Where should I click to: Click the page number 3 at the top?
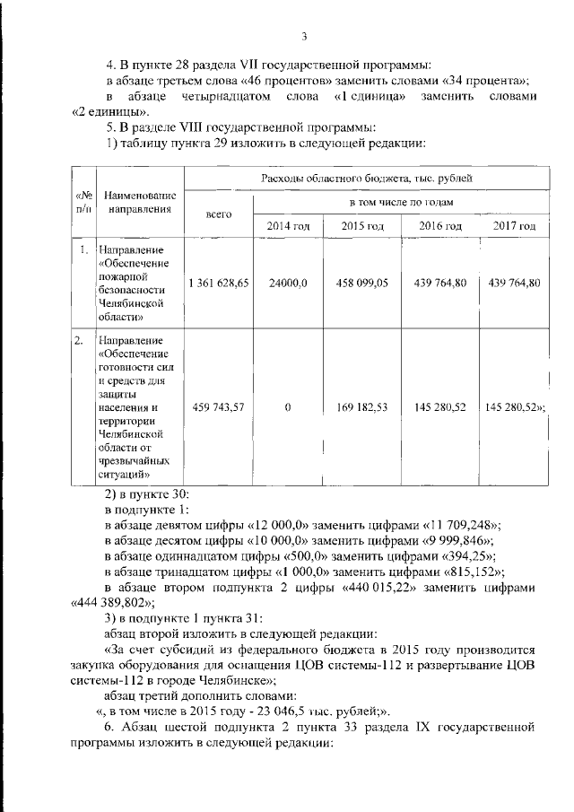coord(304,37)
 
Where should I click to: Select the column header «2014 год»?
coord(288,224)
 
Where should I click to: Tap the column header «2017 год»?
coord(514,224)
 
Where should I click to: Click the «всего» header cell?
coord(219,214)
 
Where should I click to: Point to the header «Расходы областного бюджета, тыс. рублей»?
coord(366,179)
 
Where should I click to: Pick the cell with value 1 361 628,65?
coord(219,283)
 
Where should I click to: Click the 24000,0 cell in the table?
coord(288,283)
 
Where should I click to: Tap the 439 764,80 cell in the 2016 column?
coord(439,283)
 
